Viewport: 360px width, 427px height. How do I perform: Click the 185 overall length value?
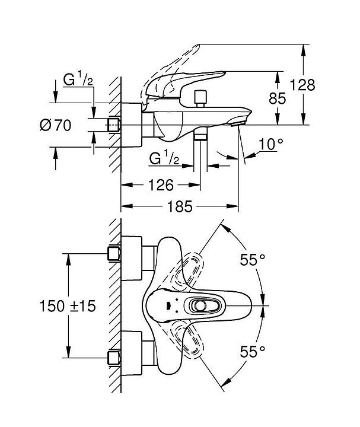(180, 207)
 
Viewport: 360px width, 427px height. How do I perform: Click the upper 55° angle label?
(253, 259)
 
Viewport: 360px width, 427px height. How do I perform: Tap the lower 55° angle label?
(253, 352)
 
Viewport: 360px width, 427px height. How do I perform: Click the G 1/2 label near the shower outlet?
(165, 158)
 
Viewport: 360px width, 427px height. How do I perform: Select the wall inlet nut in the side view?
(114, 125)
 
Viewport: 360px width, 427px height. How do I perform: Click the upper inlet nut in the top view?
(114, 254)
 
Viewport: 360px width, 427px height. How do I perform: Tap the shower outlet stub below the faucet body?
(200, 137)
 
